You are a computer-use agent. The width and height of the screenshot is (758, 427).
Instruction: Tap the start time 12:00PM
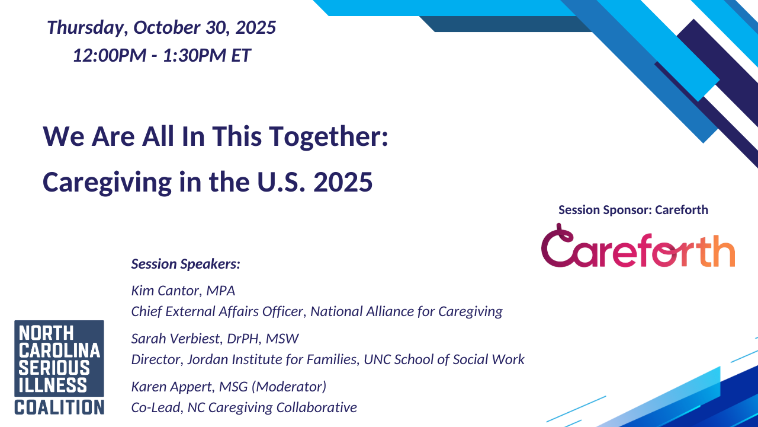tap(110, 55)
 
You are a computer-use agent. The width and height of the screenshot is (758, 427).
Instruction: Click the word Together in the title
tap(329, 136)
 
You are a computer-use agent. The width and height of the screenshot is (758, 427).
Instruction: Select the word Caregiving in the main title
tap(107, 182)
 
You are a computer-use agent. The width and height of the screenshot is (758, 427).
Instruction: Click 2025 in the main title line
tap(343, 182)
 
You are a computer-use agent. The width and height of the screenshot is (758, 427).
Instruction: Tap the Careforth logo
tap(638, 246)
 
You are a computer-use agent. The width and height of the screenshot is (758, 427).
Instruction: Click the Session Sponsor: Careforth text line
tap(633, 210)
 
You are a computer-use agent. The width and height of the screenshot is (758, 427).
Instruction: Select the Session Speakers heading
tap(186, 264)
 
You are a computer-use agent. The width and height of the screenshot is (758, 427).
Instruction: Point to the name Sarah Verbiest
tap(175, 339)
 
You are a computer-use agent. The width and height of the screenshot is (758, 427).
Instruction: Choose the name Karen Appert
tap(172, 387)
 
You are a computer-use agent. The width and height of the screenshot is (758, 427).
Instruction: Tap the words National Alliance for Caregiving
tap(406, 311)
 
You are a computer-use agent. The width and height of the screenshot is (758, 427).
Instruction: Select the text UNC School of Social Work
tap(444, 359)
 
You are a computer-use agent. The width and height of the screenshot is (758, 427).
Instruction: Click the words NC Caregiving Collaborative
tap(272, 407)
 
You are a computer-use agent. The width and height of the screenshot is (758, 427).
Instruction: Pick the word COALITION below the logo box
tap(59, 407)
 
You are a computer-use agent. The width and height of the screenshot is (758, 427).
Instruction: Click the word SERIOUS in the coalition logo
tap(54, 368)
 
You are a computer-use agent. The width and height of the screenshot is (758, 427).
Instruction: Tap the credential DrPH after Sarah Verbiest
tap(243, 339)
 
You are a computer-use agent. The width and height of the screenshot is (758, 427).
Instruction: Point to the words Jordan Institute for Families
tap(273, 359)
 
